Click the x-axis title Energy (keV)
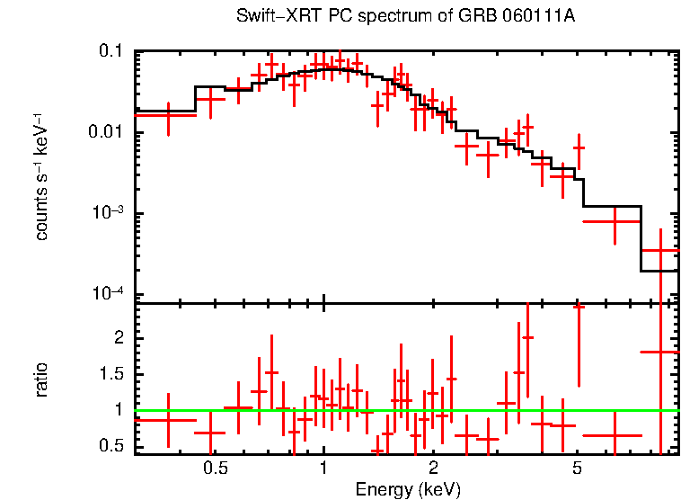click(408, 490)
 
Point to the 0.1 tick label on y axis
click(111, 52)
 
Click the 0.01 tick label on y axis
click(106, 133)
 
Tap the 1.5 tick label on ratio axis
click(111, 374)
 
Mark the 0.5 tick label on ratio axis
click(111, 446)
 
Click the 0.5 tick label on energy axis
click(215, 469)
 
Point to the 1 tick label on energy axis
click(323, 469)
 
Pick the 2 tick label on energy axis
click(432, 469)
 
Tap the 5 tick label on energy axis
click(577, 469)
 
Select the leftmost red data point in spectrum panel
click(168, 115)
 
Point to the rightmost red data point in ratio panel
click(660, 352)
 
